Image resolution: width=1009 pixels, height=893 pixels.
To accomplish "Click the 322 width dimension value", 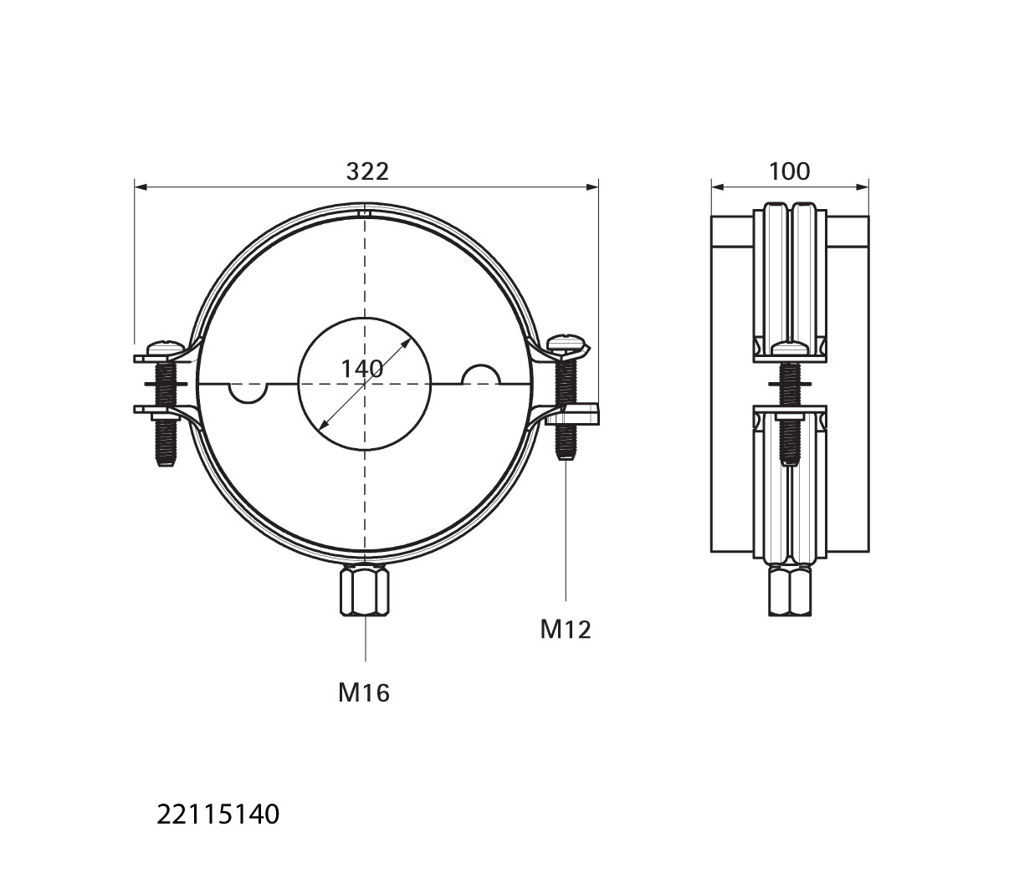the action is pos(367,171).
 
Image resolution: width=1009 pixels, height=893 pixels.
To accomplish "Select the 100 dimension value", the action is pos(789,171).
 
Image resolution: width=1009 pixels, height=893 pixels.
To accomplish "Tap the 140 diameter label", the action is pos(362,369).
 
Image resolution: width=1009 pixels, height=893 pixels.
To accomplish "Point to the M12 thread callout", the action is pos(566,630).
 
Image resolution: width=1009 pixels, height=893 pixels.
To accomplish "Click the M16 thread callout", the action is pos(364,693).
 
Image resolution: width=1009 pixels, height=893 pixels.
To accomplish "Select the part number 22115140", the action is pos(218,815).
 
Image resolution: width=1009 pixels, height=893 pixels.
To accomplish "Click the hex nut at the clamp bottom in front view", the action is pos(365,591).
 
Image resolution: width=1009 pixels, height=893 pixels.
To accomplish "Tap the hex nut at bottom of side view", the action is pos(790,591).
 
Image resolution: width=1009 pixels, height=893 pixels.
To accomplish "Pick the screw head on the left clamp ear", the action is pos(165,347).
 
